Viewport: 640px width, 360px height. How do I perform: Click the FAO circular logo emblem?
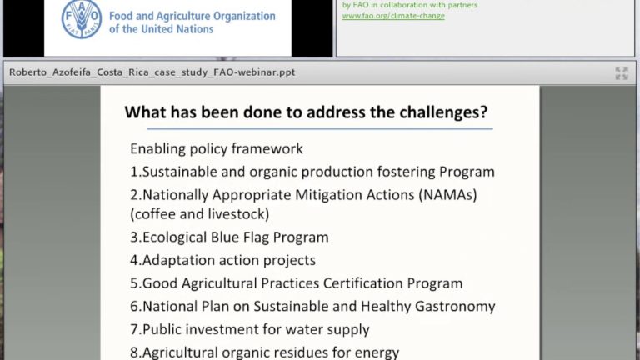[82, 18]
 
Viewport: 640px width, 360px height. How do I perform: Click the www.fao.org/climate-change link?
[393, 16]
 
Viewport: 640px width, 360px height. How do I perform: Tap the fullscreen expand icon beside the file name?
[622, 73]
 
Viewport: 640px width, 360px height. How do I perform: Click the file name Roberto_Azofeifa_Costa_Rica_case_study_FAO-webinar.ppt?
[152, 72]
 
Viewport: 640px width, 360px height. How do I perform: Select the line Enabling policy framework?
[216, 149]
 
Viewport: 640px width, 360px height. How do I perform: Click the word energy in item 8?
[377, 352]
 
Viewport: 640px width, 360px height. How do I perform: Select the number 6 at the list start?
[134, 306]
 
